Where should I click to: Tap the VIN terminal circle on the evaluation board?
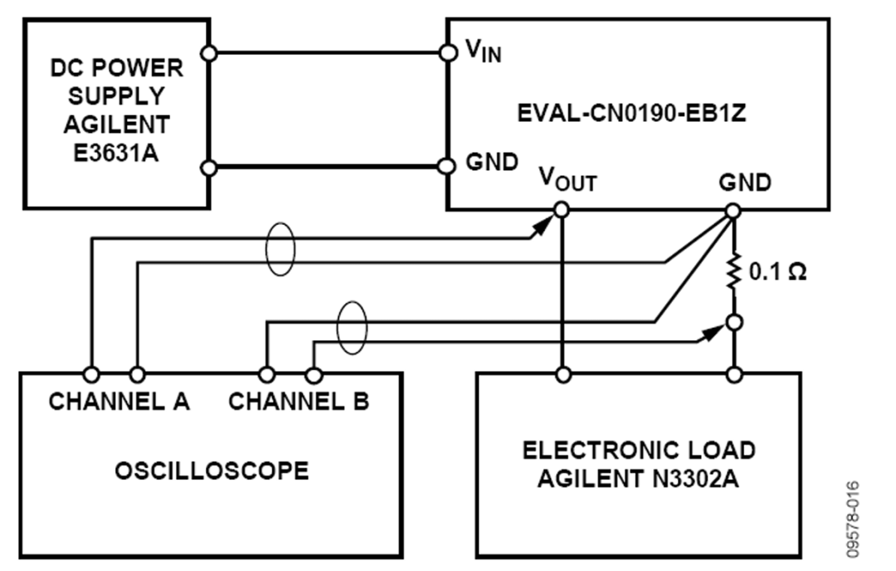pos(448,53)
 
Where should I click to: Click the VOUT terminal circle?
pos(562,210)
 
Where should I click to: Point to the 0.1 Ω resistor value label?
pos(777,273)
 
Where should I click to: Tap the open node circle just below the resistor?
pos(733,321)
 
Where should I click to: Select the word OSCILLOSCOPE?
pos(212,471)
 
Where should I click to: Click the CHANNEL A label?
pos(119,402)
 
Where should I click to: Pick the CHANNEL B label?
pos(299,402)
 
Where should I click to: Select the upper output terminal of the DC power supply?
pos(210,53)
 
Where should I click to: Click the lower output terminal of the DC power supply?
pos(210,168)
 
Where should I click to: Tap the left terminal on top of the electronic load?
pos(562,373)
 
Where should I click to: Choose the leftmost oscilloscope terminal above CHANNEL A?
pos(90,373)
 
